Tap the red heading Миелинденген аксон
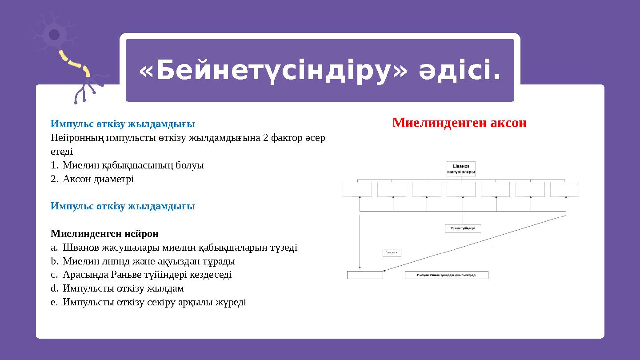pos(459,123)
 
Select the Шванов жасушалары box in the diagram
pos(461,169)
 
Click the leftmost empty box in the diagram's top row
pos(357,189)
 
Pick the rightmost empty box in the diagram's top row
pos(564,189)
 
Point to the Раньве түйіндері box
pos(463,228)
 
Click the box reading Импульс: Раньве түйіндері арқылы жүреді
pos(446,275)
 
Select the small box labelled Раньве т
pos(392,253)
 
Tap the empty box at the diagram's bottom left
pos(364,275)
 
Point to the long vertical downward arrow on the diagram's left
pos(360,242)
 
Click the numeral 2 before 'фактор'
pos(265,138)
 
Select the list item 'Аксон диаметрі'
pos(98,179)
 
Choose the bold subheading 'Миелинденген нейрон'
pos(104,234)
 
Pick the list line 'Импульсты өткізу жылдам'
pos(123,289)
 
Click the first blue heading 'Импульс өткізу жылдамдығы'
pos(123,124)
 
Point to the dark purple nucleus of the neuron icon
pos(54,35)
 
